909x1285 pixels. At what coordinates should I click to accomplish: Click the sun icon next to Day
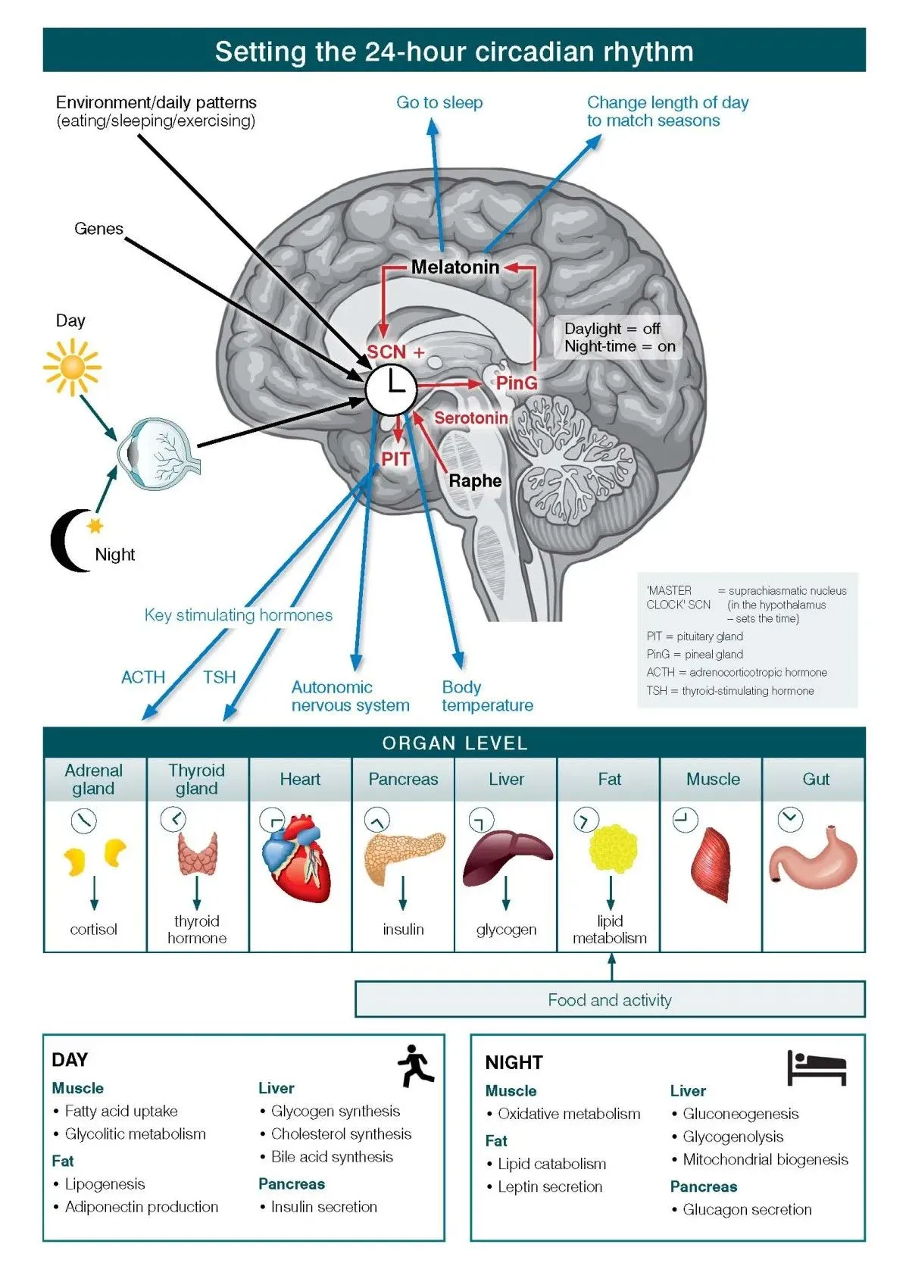72,367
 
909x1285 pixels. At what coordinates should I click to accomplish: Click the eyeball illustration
158,453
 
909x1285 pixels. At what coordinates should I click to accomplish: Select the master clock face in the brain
391,389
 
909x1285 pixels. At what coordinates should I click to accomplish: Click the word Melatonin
455,267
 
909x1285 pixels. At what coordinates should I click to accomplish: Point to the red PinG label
517,383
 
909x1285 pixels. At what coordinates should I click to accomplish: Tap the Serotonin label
470,417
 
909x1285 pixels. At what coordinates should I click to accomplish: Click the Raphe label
475,481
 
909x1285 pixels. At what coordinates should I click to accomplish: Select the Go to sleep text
439,102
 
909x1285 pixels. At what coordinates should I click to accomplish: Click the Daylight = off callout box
619,338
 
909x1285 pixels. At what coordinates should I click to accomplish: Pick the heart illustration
298,864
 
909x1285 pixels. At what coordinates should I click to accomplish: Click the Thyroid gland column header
197,779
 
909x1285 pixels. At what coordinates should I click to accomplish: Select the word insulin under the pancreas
403,930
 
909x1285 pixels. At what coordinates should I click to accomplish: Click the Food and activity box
610,1000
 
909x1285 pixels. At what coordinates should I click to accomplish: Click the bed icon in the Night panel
816,1068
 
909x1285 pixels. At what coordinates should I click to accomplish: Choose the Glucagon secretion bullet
746,1210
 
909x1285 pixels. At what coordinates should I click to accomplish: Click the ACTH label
143,677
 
